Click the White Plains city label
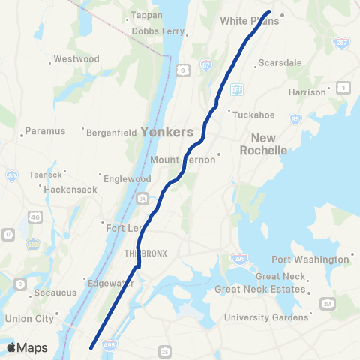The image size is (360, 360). pyautogui.click(x=249, y=21)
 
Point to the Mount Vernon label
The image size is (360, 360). pyautogui.click(x=179, y=160)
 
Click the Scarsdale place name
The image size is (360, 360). pyautogui.click(x=278, y=62)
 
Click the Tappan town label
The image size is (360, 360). pyautogui.click(x=146, y=15)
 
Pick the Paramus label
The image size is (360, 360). pyautogui.click(x=46, y=130)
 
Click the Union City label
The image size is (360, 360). pyautogui.click(x=28, y=318)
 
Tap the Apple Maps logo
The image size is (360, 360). pyautogui.click(x=26, y=347)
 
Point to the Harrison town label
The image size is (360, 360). pyautogui.click(x=307, y=92)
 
